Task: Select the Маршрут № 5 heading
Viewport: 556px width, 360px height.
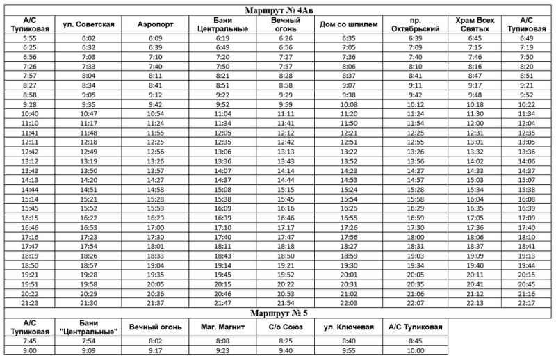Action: tap(278, 312)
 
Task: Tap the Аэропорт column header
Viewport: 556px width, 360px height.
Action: tap(156, 25)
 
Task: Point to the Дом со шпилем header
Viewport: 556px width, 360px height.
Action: tap(349, 25)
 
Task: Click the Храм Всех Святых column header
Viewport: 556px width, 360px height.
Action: tap(475, 25)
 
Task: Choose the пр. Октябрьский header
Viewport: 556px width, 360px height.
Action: tap(416, 25)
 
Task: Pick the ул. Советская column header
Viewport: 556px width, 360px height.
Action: tap(88, 25)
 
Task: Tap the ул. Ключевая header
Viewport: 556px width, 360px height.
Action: tap(348, 326)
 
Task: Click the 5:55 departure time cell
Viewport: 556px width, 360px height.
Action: tap(30, 38)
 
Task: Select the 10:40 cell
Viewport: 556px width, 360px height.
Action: tap(30, 113)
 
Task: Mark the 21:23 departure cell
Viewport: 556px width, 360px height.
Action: tap(30, 304)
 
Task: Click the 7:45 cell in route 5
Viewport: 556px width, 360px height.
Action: tap(30, 341)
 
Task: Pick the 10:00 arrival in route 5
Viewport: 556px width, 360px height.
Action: tap(416, 352)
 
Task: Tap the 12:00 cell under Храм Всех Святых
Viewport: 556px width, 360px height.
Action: tap(475, 122)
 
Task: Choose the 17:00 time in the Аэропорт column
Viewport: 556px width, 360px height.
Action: tap(156, 227)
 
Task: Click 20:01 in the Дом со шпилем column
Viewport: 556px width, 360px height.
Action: tap(349, 275)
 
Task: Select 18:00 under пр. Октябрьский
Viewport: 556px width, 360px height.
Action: tap(416, 237)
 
